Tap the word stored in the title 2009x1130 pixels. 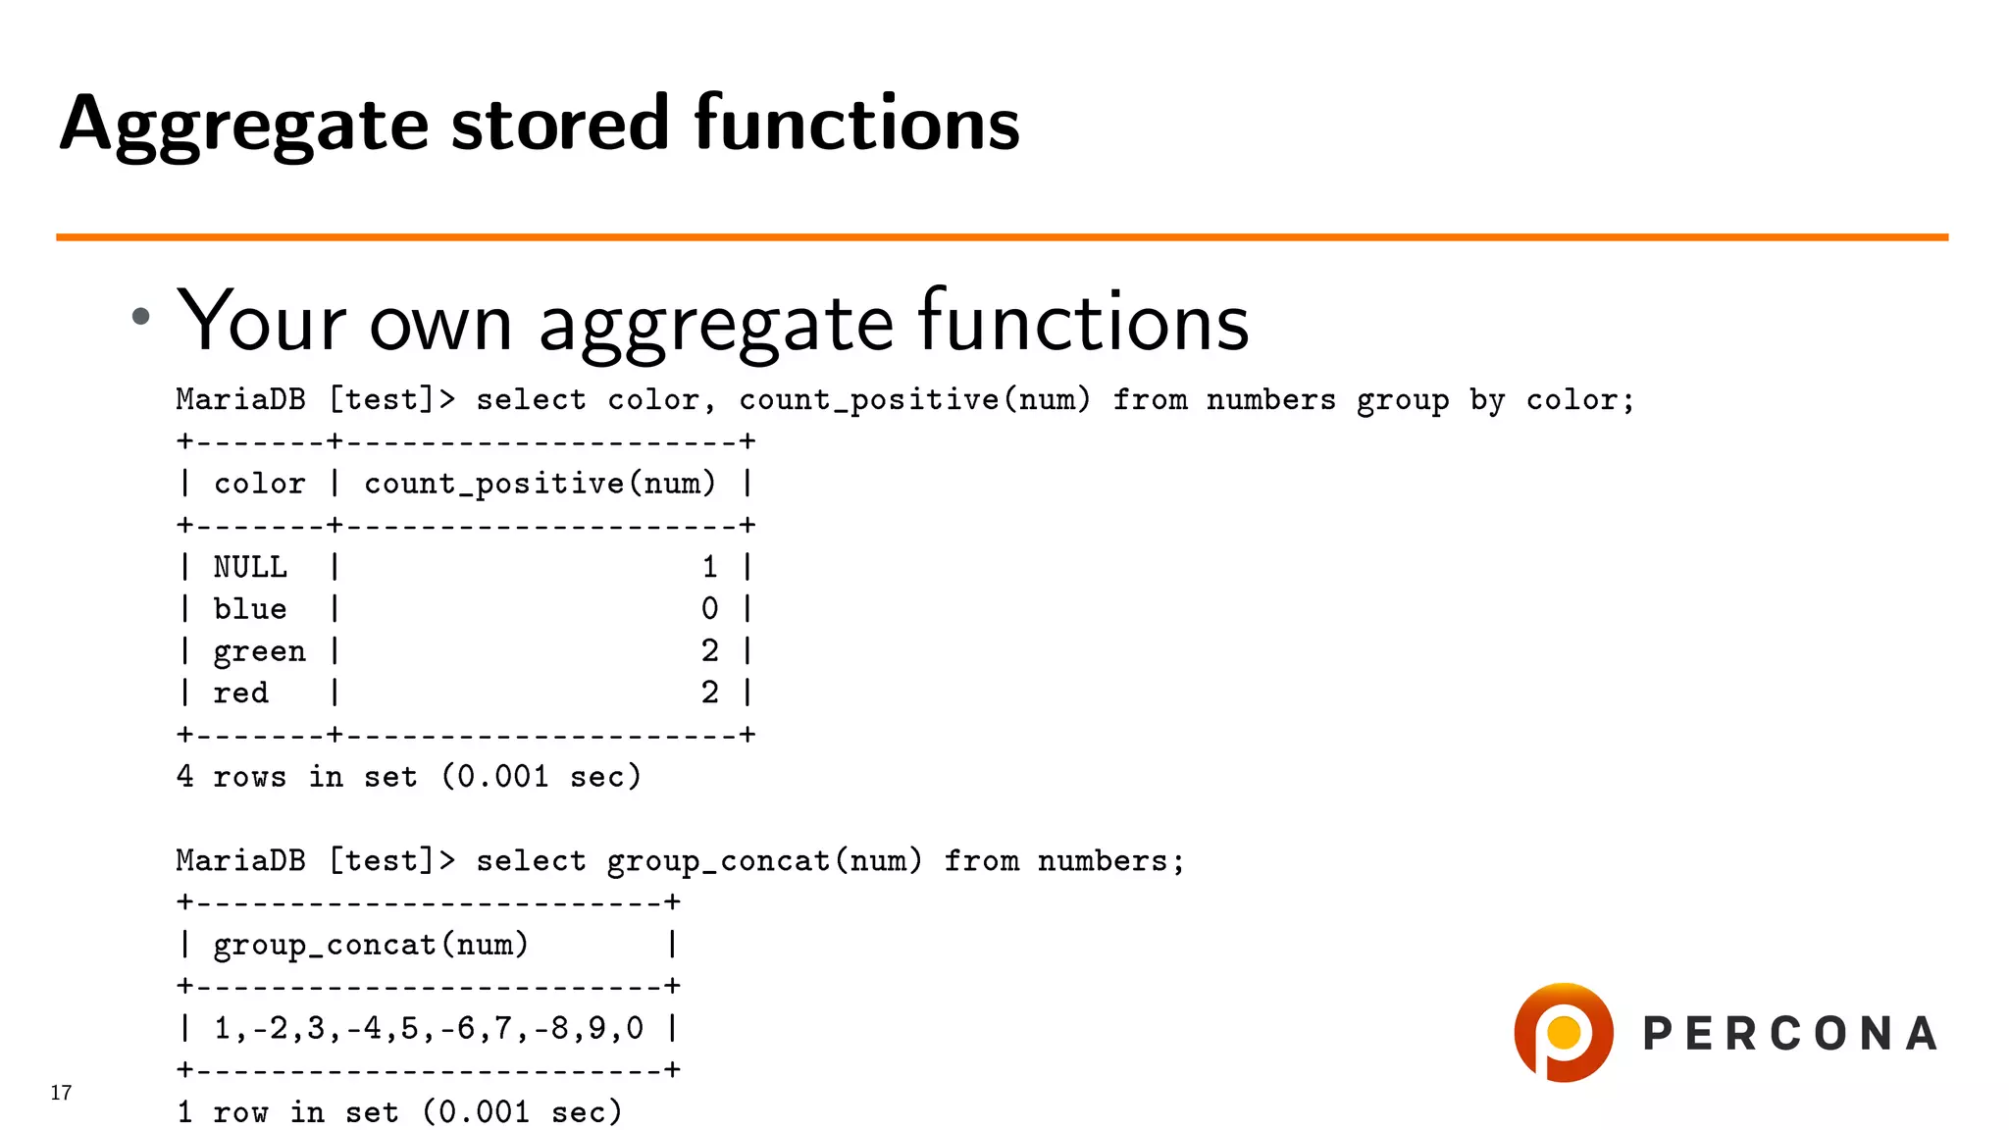point(559,124)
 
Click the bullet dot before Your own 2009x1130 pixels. point(141,316)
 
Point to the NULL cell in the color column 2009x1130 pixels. point(250,567)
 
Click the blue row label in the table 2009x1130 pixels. point(250,609)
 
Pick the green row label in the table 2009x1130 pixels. point(259,651)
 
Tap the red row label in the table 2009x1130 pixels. point(240,693)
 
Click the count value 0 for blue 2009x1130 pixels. point(709,609)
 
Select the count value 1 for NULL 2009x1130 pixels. point(709,567)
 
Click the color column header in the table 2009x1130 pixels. point(259,484)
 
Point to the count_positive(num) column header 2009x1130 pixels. point(540,484)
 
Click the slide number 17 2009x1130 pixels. point(61,1093)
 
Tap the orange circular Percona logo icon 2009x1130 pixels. point(1563,1032)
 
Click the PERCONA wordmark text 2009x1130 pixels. point(1789,1034)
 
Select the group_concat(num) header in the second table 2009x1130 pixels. point(371,945)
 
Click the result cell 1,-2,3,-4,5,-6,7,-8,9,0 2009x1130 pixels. point(428,1028)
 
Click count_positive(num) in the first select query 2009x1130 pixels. point(914,400)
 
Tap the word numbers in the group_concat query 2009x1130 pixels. point(1102,861)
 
